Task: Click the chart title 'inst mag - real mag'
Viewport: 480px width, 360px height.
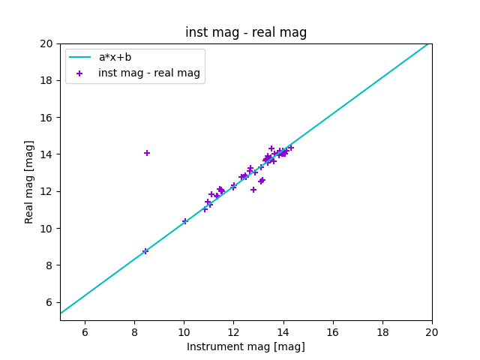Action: click(x=246, y=32)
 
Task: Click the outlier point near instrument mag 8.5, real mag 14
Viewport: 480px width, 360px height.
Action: click(x=147, y=153)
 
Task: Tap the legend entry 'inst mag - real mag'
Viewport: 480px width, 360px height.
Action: click(x=149, y=73)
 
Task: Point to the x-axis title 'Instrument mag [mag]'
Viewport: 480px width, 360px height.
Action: click(x=246, y=346)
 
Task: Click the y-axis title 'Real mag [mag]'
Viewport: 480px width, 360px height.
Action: click(x=30, y=181)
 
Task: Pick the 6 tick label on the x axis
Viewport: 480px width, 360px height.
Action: click(x=85, y=332)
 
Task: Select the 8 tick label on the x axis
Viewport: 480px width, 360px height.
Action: click(x=134, y=332)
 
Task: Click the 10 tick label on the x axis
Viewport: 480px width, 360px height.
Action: click(x=184, y=332)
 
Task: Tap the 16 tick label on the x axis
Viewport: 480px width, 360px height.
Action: click(x=333, y=332)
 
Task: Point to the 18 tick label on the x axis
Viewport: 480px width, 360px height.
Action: click(x=382, y=332)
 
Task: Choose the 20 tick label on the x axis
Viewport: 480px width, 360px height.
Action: click(x=432, y=332)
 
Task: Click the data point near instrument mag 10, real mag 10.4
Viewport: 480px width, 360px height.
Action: click(x=185, y=221)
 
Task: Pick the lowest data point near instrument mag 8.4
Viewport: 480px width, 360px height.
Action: click(x=145, y=251)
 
